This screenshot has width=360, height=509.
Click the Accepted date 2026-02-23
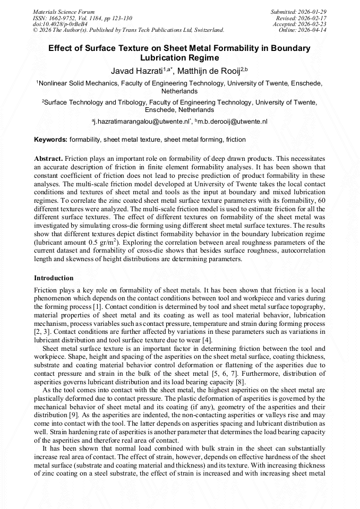314,24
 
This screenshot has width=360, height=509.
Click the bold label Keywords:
50,140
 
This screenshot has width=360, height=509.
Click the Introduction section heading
54,278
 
